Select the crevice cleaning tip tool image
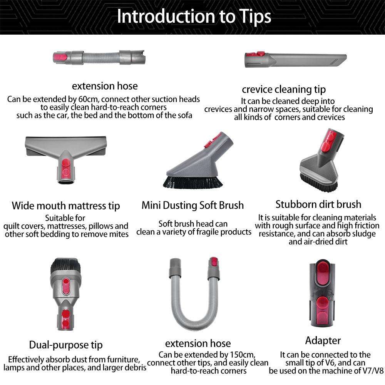coord(295,60)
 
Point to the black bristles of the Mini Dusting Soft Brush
coord(193,181)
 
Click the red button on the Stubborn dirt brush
coord(326,144)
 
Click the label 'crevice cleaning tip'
coord(283,90)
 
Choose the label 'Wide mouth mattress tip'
coord(66,206)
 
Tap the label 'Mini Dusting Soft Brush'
coord(192,205)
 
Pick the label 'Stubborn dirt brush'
coord(318,204)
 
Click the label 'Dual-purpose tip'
coord(66,345)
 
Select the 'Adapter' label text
coord(323,341)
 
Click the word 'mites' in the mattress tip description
coord(117,234)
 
